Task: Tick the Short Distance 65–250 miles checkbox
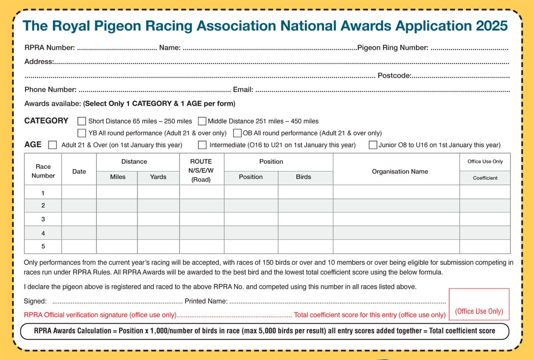[82, 121]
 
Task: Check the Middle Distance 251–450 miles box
[202, 121]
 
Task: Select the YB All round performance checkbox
[82, 133]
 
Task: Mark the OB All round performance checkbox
[237, 133]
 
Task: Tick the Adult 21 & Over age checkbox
[53, 145]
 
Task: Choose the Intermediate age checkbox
[202, 145]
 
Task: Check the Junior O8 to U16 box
[373, 145]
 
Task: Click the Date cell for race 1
[79, 193]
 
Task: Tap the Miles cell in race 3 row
[117, 219]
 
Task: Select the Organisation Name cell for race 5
[396, 246]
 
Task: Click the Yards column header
[158, 177]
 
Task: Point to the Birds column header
[303, 177]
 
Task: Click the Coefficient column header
[485, 178]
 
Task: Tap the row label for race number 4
[43, 233]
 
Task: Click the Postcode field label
[394, 76]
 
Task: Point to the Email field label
[243, 89]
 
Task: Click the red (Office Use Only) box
[479, 304]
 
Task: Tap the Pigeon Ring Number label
[393, 48]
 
